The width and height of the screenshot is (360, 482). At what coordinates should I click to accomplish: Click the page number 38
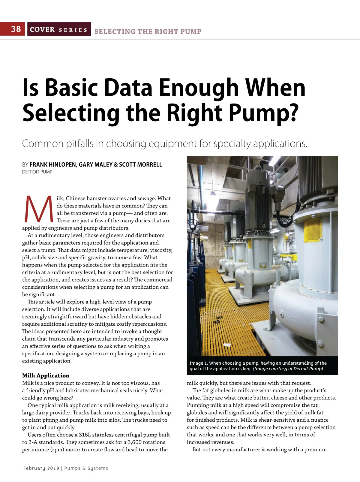[16, 29]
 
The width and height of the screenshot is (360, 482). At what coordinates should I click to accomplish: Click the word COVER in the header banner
[42, 29]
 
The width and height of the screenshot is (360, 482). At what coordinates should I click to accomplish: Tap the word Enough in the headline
[199, 88]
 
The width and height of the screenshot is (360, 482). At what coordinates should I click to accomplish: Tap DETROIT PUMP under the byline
[37, 172]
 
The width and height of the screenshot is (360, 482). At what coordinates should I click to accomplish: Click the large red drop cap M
[39, 209]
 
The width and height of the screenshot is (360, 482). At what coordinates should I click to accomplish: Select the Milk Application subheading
[46, 375]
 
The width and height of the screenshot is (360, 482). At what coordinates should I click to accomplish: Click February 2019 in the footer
[41, 468]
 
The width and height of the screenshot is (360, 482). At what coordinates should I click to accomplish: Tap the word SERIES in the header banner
[73, 30]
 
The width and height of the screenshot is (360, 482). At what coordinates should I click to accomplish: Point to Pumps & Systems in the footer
[86, 468]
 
